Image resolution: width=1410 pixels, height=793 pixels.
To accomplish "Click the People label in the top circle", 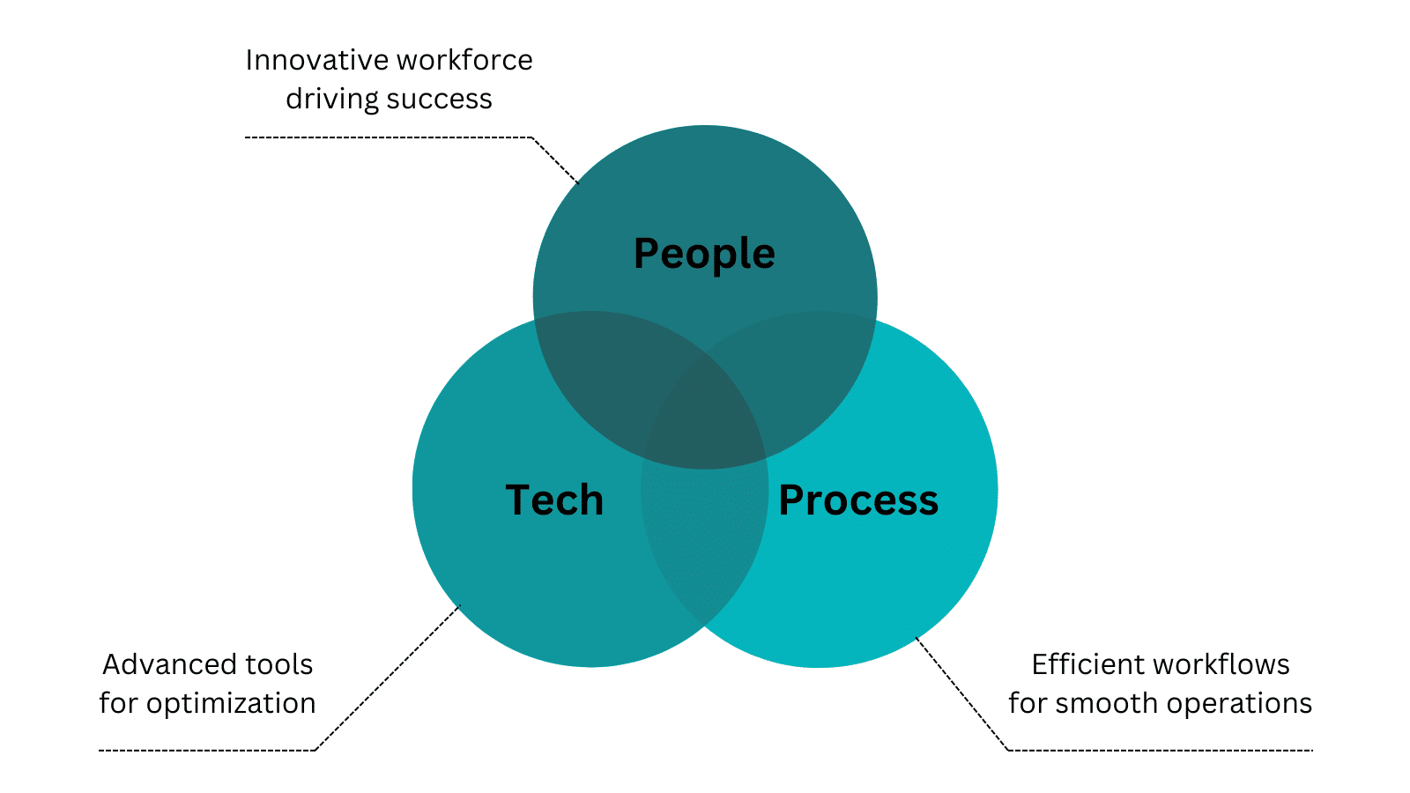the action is pyautogui.click(x=704, y=255).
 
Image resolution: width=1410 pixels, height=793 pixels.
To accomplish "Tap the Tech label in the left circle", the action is pyautogui.click(x=554, y=500).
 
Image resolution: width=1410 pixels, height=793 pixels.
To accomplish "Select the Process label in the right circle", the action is pyautogui.click(x=858, y=500).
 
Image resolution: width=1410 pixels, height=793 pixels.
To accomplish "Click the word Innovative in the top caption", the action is pyautogui.click(x=316, y=61).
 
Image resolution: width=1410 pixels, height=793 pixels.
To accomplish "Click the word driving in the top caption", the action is pyautogui.click(x=331, y=100).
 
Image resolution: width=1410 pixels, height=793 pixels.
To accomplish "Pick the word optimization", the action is pyautogui.click(x=231, y=704).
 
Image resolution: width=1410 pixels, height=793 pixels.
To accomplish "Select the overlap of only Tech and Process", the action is pyautogui.click(x=704, y=541).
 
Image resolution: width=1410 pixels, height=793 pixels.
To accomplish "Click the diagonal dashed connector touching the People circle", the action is pyautogui.click(x=555, y=159).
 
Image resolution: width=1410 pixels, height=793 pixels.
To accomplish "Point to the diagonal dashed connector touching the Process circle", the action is pyautogui.click(x=961, y=693).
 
